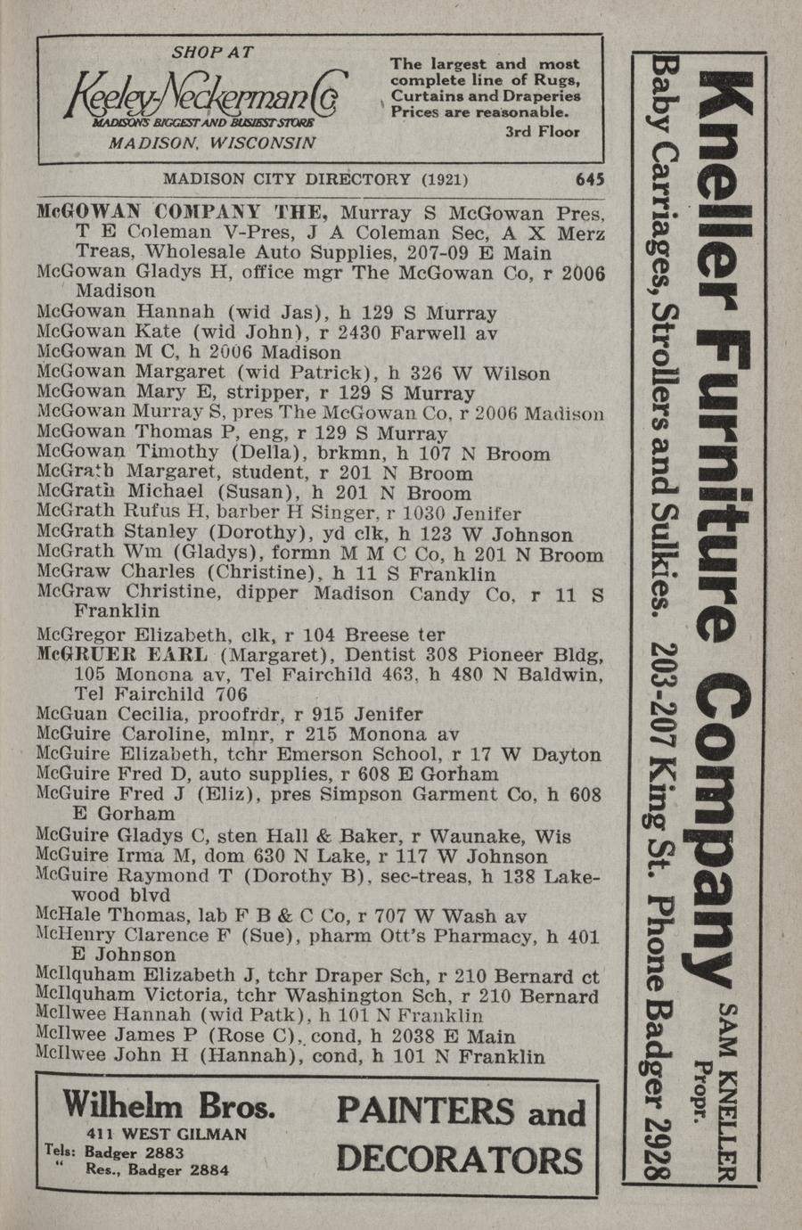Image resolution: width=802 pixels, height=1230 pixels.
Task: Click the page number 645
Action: coord(590,178)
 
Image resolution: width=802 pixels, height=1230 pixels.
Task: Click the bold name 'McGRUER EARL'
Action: coord(123,655)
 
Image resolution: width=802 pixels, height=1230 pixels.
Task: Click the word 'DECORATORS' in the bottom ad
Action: coord(460,1160)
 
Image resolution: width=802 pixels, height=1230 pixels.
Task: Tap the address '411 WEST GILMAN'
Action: coord(167,1134)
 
